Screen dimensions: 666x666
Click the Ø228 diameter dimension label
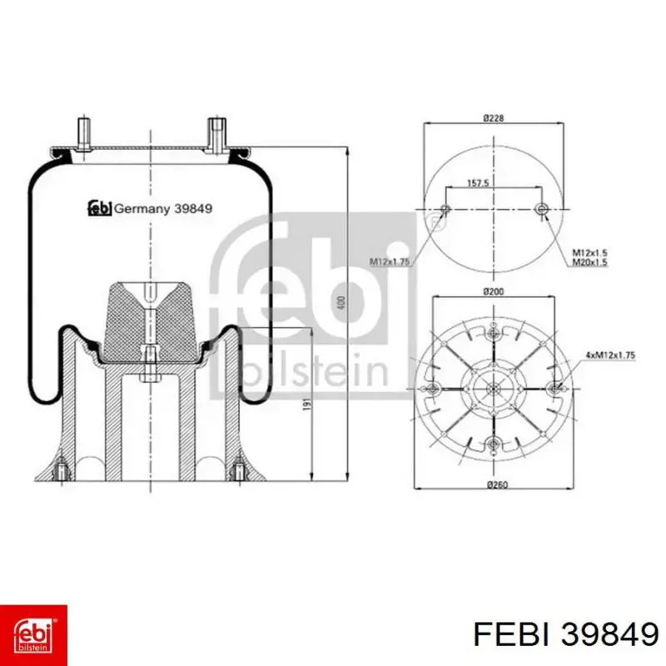click(x=493, y=117)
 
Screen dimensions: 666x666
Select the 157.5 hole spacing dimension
click(x=478, y=183)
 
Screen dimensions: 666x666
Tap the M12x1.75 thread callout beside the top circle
click(x=389, y=261)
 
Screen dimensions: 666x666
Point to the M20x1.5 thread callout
click(x=589, y=262)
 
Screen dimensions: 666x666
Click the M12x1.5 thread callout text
click(x=589, y=253)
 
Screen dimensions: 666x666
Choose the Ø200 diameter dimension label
click(x=493, y=291)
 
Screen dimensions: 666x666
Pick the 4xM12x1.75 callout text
click(x=610, y=355)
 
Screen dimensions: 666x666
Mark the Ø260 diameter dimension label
click(x=497, y=485)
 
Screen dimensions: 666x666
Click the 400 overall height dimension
click(x=342, y=302)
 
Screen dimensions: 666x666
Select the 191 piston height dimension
click(x=306, y=405)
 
